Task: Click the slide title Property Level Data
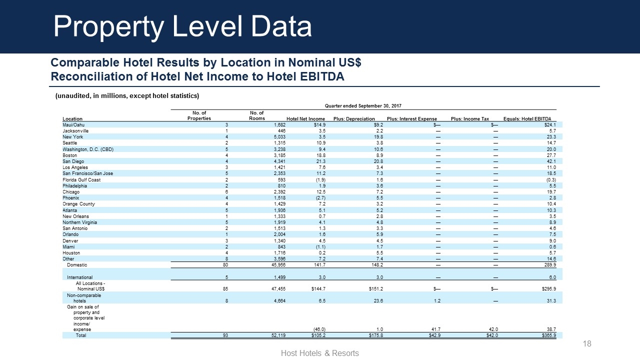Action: (182, 26)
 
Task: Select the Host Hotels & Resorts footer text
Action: (320, 353)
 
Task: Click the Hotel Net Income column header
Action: (305, 118)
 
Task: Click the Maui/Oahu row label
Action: (73, 124)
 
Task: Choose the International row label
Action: (79, 277)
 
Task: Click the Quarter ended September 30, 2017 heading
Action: (363, 105)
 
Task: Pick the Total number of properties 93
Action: (225, 335)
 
